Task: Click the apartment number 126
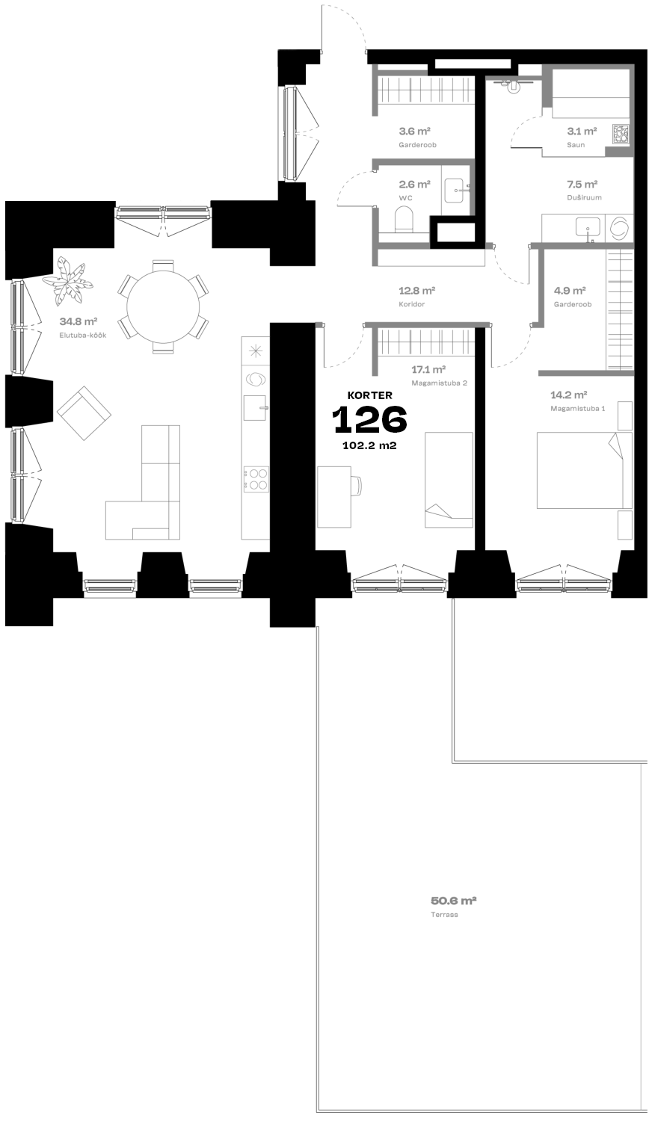pos(369,419)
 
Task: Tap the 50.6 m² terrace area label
pos(453,901)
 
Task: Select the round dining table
pos(163,307)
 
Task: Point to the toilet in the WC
pos(404,220)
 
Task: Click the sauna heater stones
pos(621,134)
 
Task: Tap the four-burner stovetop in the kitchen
pos(256,478)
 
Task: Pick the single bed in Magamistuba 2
pos(449,480)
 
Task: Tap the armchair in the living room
pos(84,413)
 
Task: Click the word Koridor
pos(412,304)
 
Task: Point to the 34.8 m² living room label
pos(78,321)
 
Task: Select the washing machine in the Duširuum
pos(619,228)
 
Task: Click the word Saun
pos(576,145)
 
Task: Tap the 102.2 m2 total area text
pos(369,445)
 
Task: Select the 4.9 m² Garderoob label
pos(570,290)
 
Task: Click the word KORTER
pos(369,395)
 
